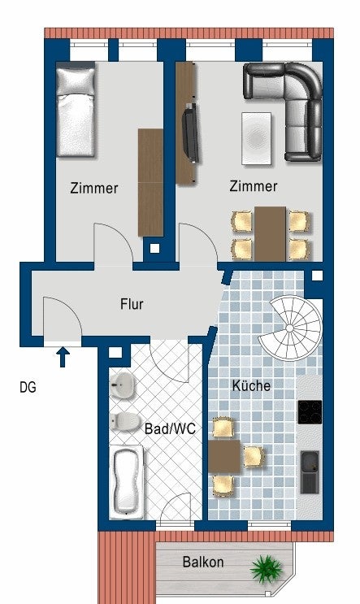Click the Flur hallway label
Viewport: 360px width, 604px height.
[x=132, y=305]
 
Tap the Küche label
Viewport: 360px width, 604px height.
[x=251, y=385]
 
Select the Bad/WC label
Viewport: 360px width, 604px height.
[x=170, y=428]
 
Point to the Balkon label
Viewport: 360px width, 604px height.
[x=202, y=561]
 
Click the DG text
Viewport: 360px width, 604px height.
[x=28, y=388]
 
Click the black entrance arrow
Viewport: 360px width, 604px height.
[x=63, y=355]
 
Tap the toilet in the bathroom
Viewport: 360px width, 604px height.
[x=124, y=422]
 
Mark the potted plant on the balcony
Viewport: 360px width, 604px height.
[x=265, y=567]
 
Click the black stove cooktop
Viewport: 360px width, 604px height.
[x=310, y=411]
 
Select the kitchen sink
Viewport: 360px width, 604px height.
[x=310, y=471]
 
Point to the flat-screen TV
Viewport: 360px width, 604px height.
[x=190, y=132]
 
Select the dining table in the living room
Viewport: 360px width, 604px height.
[x=270, y=233]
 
